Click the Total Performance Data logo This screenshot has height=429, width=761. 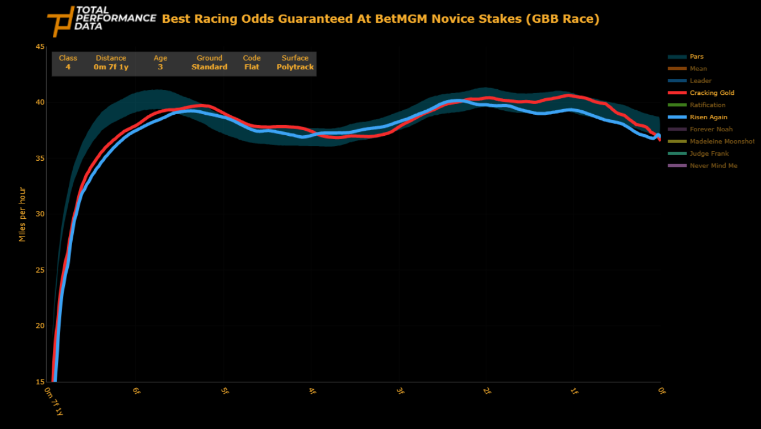click(101, 21)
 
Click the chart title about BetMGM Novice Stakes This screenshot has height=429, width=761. click(380, 19)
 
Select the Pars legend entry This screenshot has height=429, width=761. click(696, 57)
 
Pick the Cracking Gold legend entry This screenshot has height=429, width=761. click(712, 93)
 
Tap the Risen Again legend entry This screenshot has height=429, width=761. click(708, 117)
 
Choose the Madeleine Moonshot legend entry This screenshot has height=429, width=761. click(722, 141)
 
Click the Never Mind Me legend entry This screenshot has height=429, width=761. click(713, 166)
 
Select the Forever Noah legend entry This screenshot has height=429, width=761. click(711, 129)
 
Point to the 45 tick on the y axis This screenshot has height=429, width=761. click(40, 47)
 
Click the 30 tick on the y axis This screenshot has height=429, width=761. click(40, 214)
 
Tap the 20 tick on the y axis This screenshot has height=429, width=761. click(40, 326)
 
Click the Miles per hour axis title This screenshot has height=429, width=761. click(23, 214)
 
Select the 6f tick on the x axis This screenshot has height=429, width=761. click(136, 391)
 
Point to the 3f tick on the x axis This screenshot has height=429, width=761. click(400, 391)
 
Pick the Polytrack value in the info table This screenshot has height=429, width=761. click(295, 67)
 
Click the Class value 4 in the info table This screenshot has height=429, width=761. click(68, 67)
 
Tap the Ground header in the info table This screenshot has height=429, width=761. click(209, 58)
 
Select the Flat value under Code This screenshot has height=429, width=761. click(252, 67)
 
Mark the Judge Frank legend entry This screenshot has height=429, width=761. click(709, 153)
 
